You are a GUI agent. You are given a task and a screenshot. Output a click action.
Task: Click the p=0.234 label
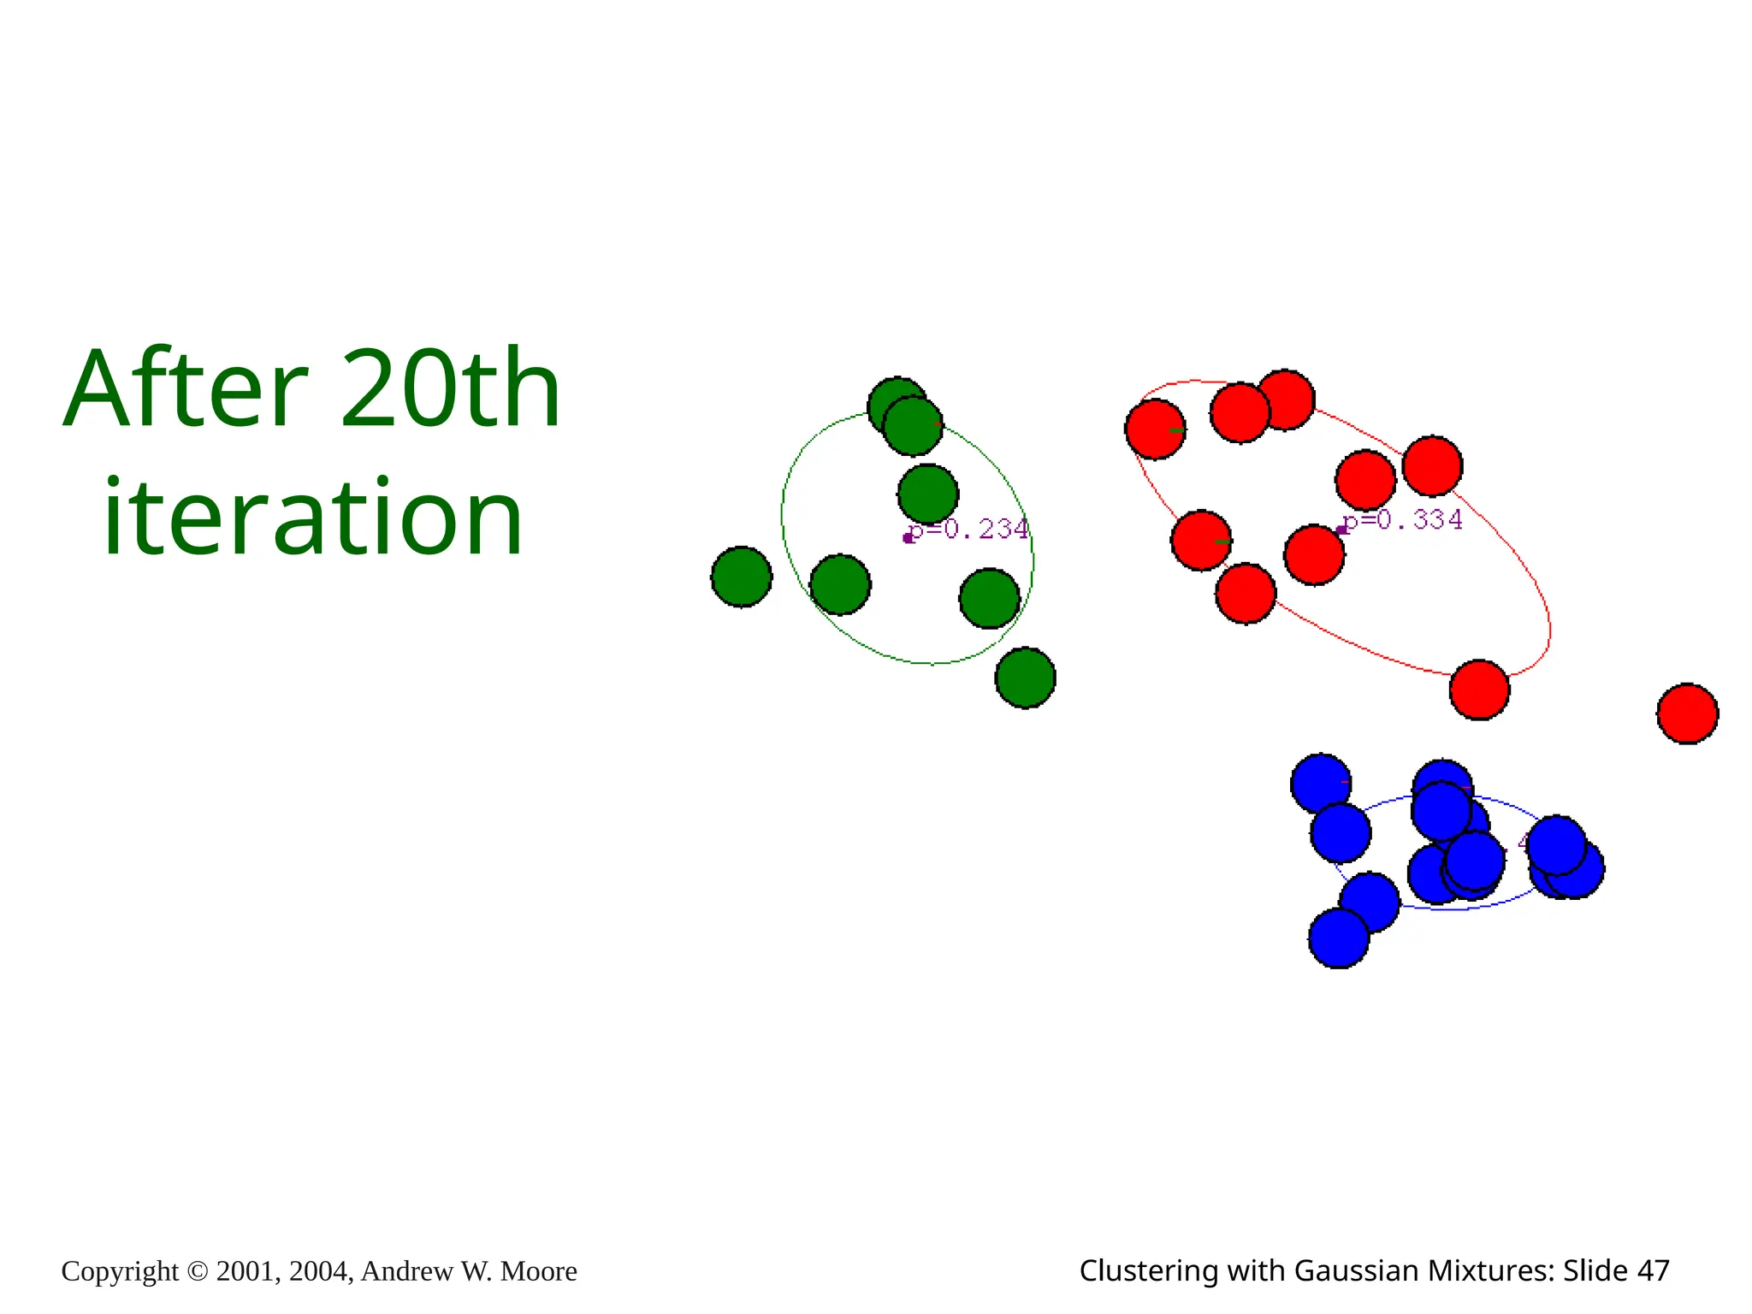coord(969,530)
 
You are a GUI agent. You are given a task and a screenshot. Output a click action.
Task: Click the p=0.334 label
coord(1404,520)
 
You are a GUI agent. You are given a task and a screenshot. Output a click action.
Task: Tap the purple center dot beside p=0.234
coord(908,538)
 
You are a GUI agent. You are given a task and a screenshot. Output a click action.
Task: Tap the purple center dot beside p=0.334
coord(1341,530)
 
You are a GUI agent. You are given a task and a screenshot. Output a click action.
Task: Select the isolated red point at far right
coord(1687,713)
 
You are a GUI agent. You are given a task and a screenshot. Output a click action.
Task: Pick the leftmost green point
coord(742,577)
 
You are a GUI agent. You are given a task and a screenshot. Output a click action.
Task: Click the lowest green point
coord(1025,678)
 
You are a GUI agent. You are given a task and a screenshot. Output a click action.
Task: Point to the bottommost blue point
coord(1339,938)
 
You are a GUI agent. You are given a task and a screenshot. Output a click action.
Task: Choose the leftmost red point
coord(1155,429)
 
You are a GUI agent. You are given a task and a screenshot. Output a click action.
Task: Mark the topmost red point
coord(1285,400)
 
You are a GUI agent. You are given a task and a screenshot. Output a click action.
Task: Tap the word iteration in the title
coord(313,517)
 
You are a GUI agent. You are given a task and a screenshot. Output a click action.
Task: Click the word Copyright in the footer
coord(120,1271)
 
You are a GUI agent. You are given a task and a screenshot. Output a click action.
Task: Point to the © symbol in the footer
coord(197,1271)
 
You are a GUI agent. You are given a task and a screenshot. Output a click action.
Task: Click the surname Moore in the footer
coord(538,1271)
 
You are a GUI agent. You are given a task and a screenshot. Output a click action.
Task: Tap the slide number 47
coord(1653,1271)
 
